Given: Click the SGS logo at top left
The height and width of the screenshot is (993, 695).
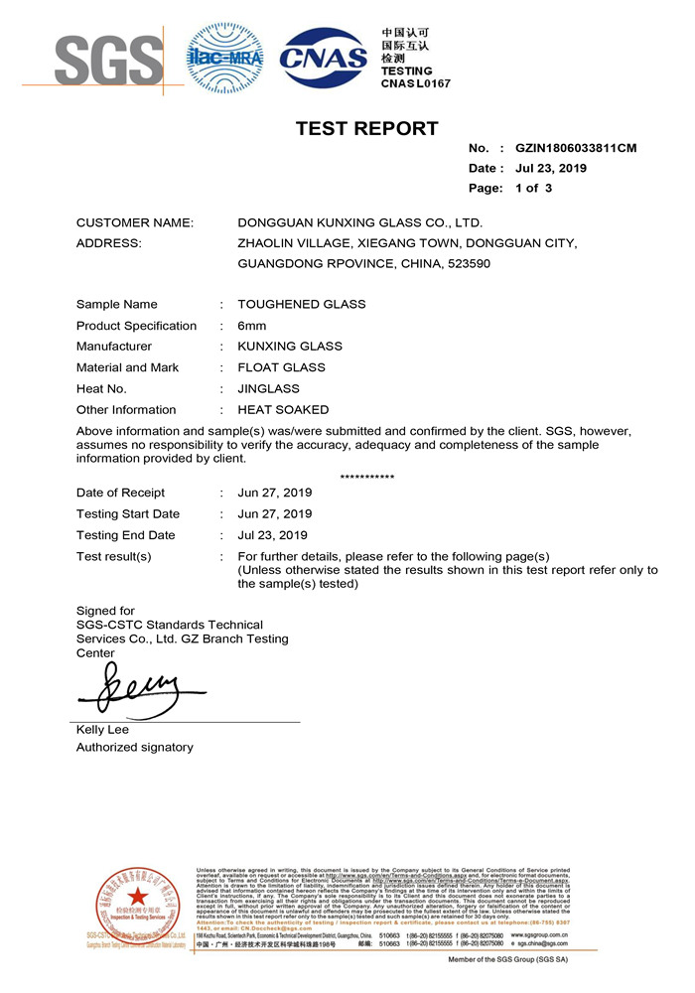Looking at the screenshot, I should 108,60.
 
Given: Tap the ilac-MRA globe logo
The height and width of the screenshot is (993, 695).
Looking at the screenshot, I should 226,58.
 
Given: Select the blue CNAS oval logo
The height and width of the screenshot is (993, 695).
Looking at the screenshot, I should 324,58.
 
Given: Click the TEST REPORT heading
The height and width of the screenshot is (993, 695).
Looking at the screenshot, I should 366,128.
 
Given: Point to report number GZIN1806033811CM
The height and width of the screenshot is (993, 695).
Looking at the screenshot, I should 576,149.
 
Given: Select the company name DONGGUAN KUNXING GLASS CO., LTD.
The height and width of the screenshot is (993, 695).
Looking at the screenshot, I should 360,223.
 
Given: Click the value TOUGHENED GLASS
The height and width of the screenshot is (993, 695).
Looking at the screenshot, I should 302,305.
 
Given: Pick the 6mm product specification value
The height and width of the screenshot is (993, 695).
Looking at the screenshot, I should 252,326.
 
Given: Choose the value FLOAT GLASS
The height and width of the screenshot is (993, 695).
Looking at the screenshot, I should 282,367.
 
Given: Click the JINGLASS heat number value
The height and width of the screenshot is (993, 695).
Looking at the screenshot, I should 267,388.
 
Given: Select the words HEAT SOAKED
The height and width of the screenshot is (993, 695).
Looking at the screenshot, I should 283,410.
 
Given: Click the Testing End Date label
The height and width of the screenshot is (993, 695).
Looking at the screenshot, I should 125,535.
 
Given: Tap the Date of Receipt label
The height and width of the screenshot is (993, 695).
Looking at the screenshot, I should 120,493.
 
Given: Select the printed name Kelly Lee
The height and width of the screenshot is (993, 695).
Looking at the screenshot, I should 104,731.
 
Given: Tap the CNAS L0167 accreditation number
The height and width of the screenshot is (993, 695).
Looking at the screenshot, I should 415,83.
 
